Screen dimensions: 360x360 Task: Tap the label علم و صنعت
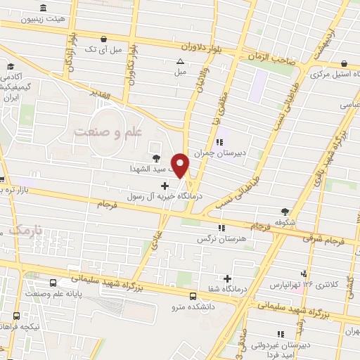109,131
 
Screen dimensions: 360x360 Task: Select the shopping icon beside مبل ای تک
104,39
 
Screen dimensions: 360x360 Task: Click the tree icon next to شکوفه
285,211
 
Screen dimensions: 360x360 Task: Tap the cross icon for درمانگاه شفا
227,279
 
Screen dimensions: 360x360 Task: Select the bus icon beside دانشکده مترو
193,295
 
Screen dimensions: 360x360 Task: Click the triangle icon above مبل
181,61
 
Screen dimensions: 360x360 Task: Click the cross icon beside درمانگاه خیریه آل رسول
165,186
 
